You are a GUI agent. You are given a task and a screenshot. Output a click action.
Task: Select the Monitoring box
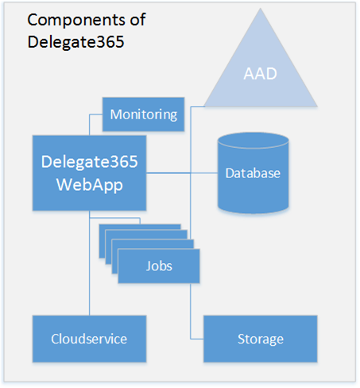coord(143,114)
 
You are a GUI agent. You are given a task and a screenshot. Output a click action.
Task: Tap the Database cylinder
coord(254,173)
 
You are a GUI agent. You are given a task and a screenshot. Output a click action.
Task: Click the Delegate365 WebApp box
coord(89,173)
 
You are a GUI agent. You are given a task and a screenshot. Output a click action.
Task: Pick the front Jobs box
coord(159,266)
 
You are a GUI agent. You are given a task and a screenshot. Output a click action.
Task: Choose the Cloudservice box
coord(89,339)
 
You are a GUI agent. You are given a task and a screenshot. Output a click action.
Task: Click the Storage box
coord(261,339)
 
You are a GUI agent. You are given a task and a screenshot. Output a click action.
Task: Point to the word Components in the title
coord(76,21)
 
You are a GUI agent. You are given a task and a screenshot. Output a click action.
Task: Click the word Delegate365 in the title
coord(75,42)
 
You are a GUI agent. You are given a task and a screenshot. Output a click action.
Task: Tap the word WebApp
coord(90,185)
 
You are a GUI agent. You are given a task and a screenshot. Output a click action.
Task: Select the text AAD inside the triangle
coord(261,73)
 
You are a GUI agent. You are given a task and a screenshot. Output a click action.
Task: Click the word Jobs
coord(159,266)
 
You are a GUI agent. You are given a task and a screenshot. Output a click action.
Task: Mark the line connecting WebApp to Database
coord(182,173)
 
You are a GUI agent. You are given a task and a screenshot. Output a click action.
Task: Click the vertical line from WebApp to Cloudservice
coord(90,263)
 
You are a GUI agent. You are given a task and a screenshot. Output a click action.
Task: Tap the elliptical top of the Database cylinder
coord(254,141)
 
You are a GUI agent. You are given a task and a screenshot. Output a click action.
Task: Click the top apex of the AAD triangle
coord(261,8)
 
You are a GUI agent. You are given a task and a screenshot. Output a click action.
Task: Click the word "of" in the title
coord(137,20)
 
